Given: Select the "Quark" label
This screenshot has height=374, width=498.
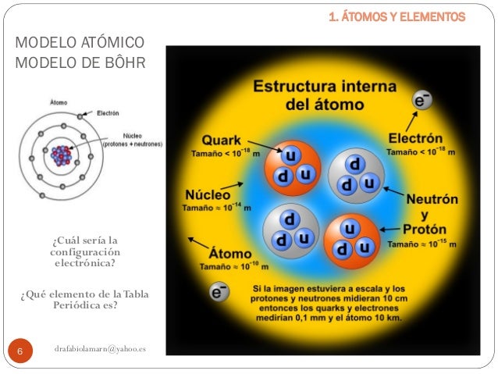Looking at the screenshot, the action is point(222,141).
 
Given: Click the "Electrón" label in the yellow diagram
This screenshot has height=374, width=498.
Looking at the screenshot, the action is point(416,139).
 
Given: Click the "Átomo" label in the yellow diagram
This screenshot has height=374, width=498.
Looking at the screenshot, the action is point(229,255).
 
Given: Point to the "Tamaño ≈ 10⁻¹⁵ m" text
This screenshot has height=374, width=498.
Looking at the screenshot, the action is point(425,244).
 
